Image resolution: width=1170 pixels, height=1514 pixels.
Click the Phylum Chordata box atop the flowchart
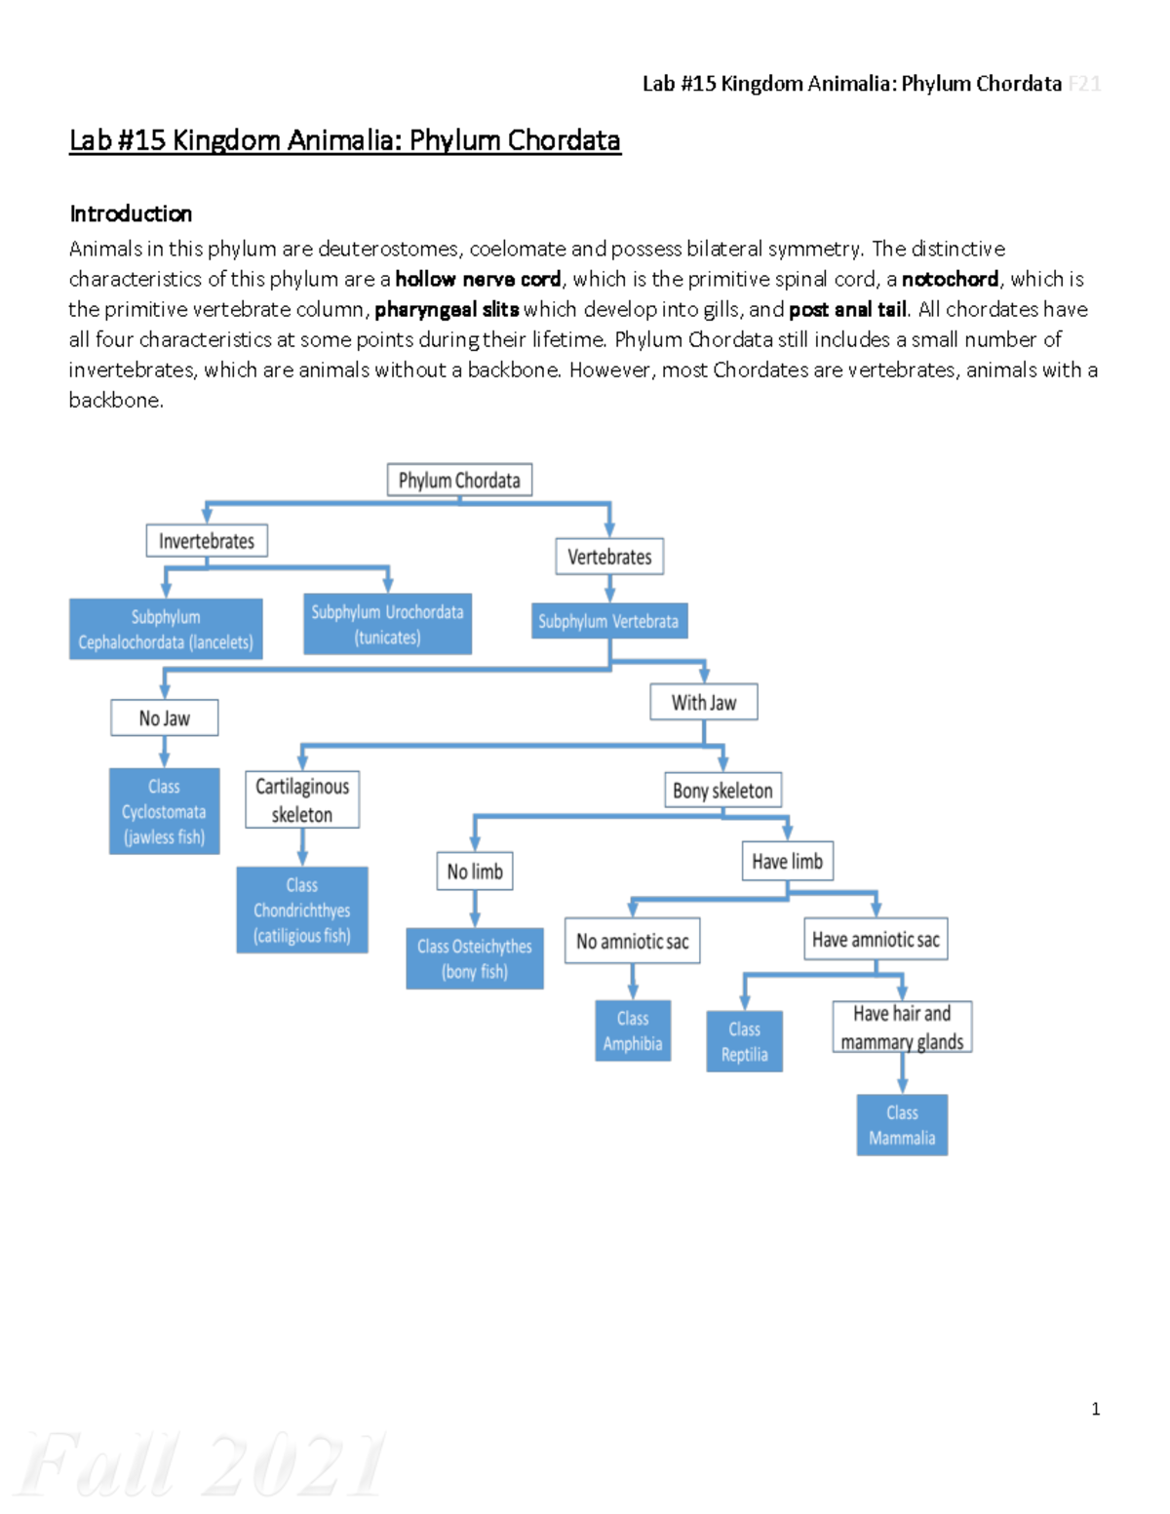pos(459,481)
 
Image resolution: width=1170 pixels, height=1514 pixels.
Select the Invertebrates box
pos(207,541)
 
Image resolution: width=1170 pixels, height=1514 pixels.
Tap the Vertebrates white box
pos(609,557)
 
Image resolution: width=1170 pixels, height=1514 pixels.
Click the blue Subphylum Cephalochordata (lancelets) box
pos(166,630)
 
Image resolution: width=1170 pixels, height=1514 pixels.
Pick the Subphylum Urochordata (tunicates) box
pos(388,625)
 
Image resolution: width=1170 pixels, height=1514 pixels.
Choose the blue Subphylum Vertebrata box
pos(609,621)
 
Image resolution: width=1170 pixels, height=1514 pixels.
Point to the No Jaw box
pos(164,718)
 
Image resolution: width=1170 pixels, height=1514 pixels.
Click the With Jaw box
pos(704,703)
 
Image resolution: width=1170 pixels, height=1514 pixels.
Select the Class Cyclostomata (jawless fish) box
pos(164,812)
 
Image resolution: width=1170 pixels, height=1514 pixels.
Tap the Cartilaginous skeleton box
pos(302,800)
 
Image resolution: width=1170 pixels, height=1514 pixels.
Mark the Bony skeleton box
pos(722,791)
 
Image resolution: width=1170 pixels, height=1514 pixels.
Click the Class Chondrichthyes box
pos(302,911)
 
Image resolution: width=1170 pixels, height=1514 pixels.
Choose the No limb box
pos(475,872)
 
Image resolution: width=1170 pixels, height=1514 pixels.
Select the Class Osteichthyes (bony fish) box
pos(475,959)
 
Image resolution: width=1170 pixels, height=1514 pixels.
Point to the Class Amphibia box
pos(633,1031)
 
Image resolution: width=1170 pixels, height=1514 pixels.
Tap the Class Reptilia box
pos(745,1042)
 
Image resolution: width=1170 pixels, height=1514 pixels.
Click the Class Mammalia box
pos(902,1126)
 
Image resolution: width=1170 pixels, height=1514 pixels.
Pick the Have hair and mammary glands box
pos(902,1028)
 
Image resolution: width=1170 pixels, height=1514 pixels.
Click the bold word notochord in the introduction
pos(950,280)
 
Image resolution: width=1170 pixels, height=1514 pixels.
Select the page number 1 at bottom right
pos(1096,1409)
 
